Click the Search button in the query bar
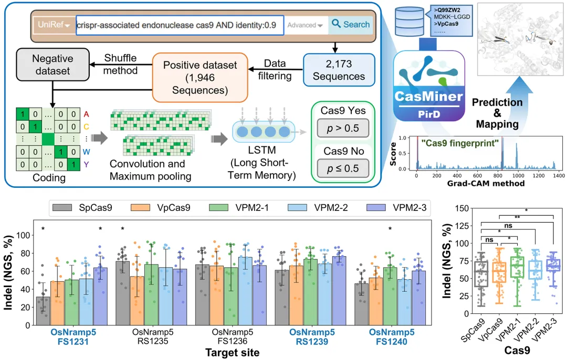click(x=350, y=25)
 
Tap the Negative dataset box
click(x=45, y=65)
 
